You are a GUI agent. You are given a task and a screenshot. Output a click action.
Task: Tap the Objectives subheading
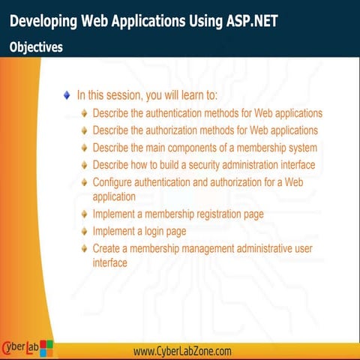click(x=36, y=46)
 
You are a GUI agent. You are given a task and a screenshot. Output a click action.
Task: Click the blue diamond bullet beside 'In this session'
click(x=67, y=95)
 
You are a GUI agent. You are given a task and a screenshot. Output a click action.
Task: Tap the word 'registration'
click(x=215, y=214)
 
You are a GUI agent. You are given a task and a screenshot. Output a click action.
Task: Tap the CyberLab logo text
click(x=20, y=347)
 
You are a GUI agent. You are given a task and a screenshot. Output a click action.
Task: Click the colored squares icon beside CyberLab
click(x=46, y=348)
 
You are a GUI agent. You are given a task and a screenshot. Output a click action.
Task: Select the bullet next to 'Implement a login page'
click(x=85, y=232)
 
